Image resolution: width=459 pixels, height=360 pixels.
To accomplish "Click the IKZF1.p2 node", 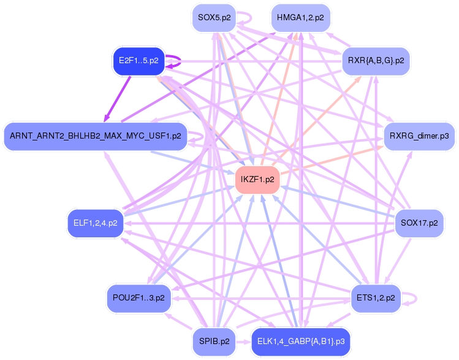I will point(257,180).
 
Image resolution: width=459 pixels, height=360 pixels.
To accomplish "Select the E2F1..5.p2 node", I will point(138,61).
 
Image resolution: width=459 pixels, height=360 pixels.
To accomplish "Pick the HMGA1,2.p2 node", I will point(300,17).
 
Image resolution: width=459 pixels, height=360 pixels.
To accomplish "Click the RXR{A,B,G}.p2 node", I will point(375,61).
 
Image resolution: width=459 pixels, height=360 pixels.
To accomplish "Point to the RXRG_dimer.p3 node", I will point(419,136).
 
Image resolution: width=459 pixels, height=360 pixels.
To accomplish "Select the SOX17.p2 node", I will point(419,223).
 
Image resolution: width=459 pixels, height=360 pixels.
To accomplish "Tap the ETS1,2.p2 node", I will point(375,298).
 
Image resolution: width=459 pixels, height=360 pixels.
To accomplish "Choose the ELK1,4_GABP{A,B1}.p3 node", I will point(295,342).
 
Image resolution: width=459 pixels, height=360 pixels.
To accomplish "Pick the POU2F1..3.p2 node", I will point(138,298).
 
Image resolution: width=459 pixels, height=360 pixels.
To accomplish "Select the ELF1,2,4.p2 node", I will point(95,223).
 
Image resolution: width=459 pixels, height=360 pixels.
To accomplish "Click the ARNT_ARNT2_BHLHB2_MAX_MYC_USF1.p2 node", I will point(95,136).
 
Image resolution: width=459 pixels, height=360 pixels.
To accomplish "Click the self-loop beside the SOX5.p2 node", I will point(248,18).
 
